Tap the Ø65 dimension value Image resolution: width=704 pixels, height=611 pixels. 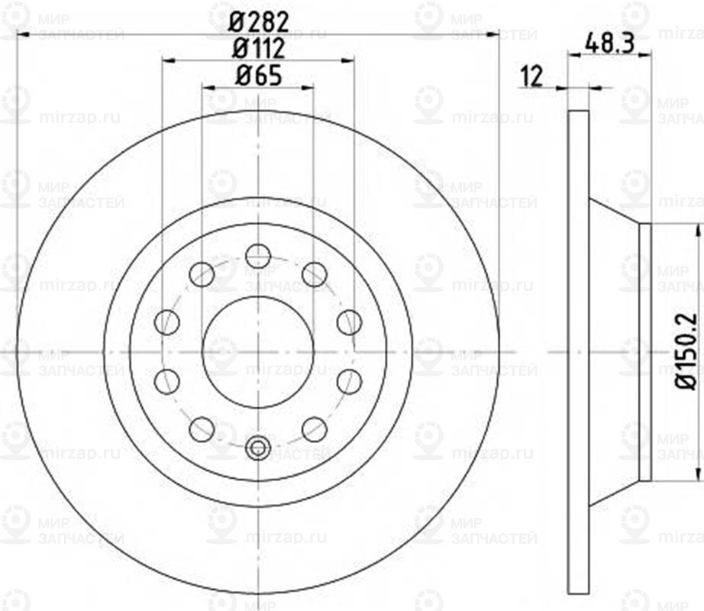[x=258, y=76]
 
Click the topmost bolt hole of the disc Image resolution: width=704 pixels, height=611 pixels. [x=258, y=256]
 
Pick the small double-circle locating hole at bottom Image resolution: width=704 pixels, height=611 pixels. [x=258, y=448]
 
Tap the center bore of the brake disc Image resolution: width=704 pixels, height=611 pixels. [x=258, y=352]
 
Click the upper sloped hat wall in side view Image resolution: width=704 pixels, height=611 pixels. [x=614, y=213]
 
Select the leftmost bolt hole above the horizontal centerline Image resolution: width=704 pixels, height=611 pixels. [x=166, y=322]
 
